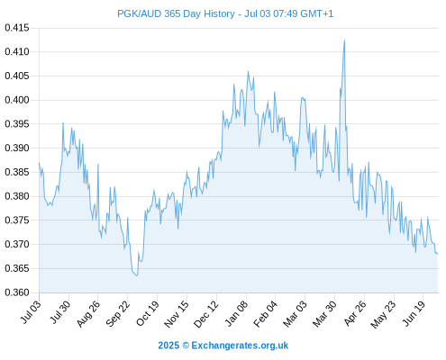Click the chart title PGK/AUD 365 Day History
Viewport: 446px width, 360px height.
coord(176,13)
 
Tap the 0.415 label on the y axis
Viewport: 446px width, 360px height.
coord(17,28)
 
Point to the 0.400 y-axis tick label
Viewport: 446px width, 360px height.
coord(17,100)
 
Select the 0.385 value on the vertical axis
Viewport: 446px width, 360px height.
coord(17,172)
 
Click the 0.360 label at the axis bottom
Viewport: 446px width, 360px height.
coord(17,292)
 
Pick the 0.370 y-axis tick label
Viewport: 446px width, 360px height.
coord(17,244)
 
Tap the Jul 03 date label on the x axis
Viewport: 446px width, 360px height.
coord(31,311)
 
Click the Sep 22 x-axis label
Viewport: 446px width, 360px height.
coord(118,313)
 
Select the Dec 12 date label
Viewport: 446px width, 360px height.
coord(206,313)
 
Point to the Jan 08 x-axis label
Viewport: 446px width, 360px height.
coord(237,313)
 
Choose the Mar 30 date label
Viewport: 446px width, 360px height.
coord(324,313)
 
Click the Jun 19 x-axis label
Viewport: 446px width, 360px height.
coord(414,312)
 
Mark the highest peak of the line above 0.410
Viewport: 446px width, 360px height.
coord(344,40)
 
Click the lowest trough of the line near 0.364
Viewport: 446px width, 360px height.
coord(137,275)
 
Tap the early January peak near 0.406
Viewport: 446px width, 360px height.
coord(248,71)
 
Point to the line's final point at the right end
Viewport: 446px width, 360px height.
coord(438,255)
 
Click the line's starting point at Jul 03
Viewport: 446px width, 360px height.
coord(39,163)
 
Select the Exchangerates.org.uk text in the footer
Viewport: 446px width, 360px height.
coord(240,346)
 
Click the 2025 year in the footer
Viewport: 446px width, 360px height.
coord(168,346)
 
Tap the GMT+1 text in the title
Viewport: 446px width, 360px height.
coord(317,13)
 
